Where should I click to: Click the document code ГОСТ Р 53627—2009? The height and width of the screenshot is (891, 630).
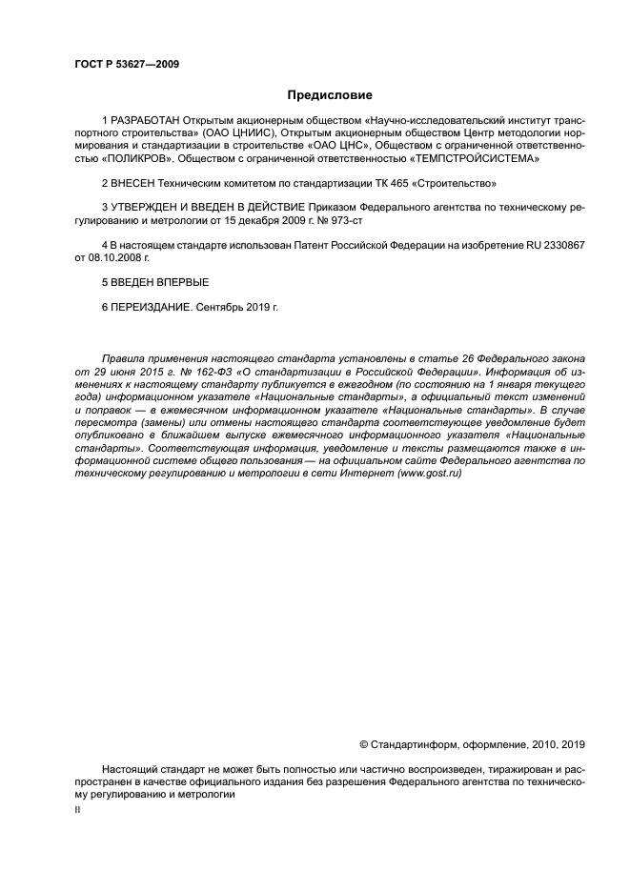tap(127, 65)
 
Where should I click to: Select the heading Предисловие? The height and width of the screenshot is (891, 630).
tap(330, 95)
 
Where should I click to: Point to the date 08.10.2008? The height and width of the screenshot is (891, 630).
tap(106, 257)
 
